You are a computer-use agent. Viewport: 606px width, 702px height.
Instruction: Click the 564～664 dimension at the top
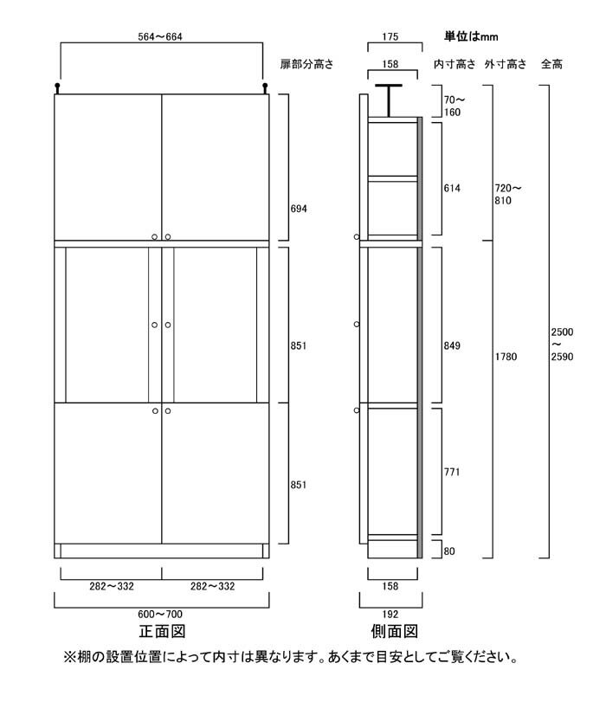[x=160, y=36]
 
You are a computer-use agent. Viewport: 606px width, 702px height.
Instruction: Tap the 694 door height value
[x=299, y=209]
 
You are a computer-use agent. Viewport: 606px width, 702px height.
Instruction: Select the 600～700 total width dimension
[x=160, y=614]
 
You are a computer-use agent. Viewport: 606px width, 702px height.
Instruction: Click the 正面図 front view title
[x=162, y=631]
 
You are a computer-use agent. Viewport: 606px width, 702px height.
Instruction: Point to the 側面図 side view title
[x=394, y=631]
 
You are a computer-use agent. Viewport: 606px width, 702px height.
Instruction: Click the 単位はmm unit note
[x=471, y=36]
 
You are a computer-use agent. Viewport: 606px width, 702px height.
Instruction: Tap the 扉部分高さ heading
[x=306, y=64]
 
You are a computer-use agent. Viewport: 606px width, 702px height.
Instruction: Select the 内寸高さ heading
[x=455, y=64]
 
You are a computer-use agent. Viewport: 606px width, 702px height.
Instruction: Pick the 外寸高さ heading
[x=506, y=64]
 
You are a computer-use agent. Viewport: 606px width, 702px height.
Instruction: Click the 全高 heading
[x=551, y=64]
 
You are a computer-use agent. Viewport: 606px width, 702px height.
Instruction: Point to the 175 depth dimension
[x=390, y=36]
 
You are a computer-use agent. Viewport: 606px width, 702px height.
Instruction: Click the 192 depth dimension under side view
[x=390, y=614]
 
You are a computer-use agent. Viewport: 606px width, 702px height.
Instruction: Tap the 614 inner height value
[x=452, y=189]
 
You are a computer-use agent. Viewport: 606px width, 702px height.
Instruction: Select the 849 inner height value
[x=452, y=345]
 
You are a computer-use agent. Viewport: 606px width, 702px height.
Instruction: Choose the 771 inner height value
[x=452, y=472]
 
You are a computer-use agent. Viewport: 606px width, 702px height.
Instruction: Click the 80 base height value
[x=449, y=551]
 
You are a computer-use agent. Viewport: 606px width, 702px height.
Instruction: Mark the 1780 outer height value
[x=506, y=357]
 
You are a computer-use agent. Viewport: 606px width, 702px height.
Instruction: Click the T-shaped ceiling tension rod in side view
[x=389, y=100]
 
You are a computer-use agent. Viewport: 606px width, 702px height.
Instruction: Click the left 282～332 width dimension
[x=112, y=586]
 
